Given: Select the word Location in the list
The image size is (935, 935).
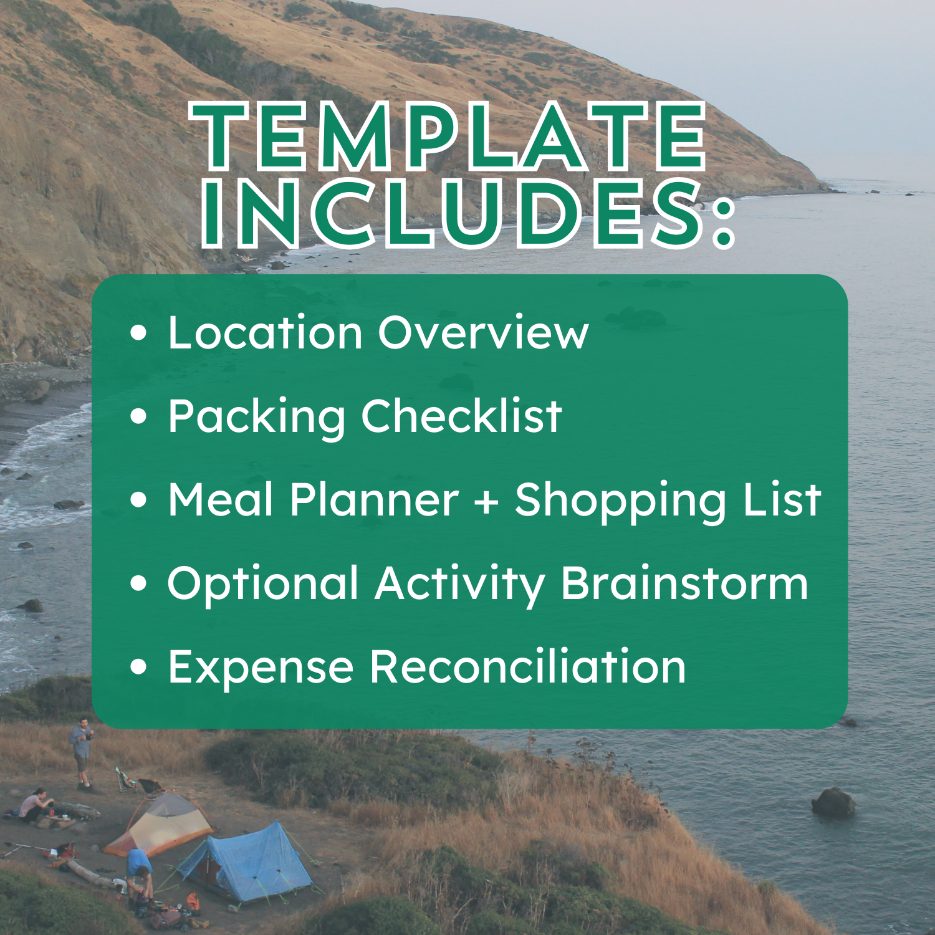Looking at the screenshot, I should [x=266, y=333].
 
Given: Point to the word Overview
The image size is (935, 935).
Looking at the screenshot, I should [x=483, y=333].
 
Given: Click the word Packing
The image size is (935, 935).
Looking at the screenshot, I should [x=256, y=418].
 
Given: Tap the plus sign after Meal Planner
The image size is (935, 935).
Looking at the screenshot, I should [x=486, y=501].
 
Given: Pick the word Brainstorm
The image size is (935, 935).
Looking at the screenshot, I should [x=684, y=584].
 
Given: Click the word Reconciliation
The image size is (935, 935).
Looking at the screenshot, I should [x=527, y=667].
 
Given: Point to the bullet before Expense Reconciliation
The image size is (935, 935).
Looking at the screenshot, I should [x=139, y=667].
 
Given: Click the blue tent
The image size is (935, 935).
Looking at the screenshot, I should [x=249, y=860].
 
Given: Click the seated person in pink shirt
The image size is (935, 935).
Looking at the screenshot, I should [x=34, y=805].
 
